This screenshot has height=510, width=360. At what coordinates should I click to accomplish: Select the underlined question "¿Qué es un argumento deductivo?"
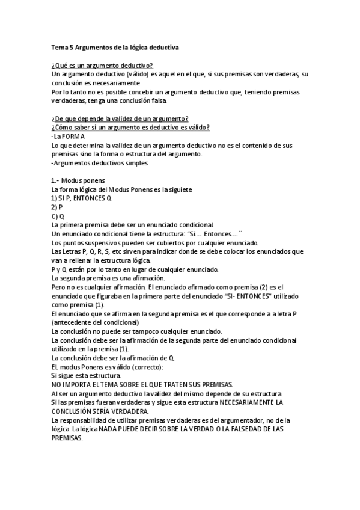click(x=102, y=65)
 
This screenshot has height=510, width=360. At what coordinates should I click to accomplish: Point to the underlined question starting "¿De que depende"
click(x=120, y=118)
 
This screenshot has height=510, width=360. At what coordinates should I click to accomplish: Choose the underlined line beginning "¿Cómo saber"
click(x=130, y=127)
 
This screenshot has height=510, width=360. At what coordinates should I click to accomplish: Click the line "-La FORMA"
click(x=68, y=137)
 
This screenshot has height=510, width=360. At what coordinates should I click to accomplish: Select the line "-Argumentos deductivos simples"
click(x=99, y=163)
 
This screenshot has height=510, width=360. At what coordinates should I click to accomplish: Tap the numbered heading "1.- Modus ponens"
click(x=79, y=181)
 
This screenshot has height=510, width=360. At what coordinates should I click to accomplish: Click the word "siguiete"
click(x=180, y=190)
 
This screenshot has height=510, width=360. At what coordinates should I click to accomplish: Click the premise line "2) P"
click(x=57, y=207)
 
